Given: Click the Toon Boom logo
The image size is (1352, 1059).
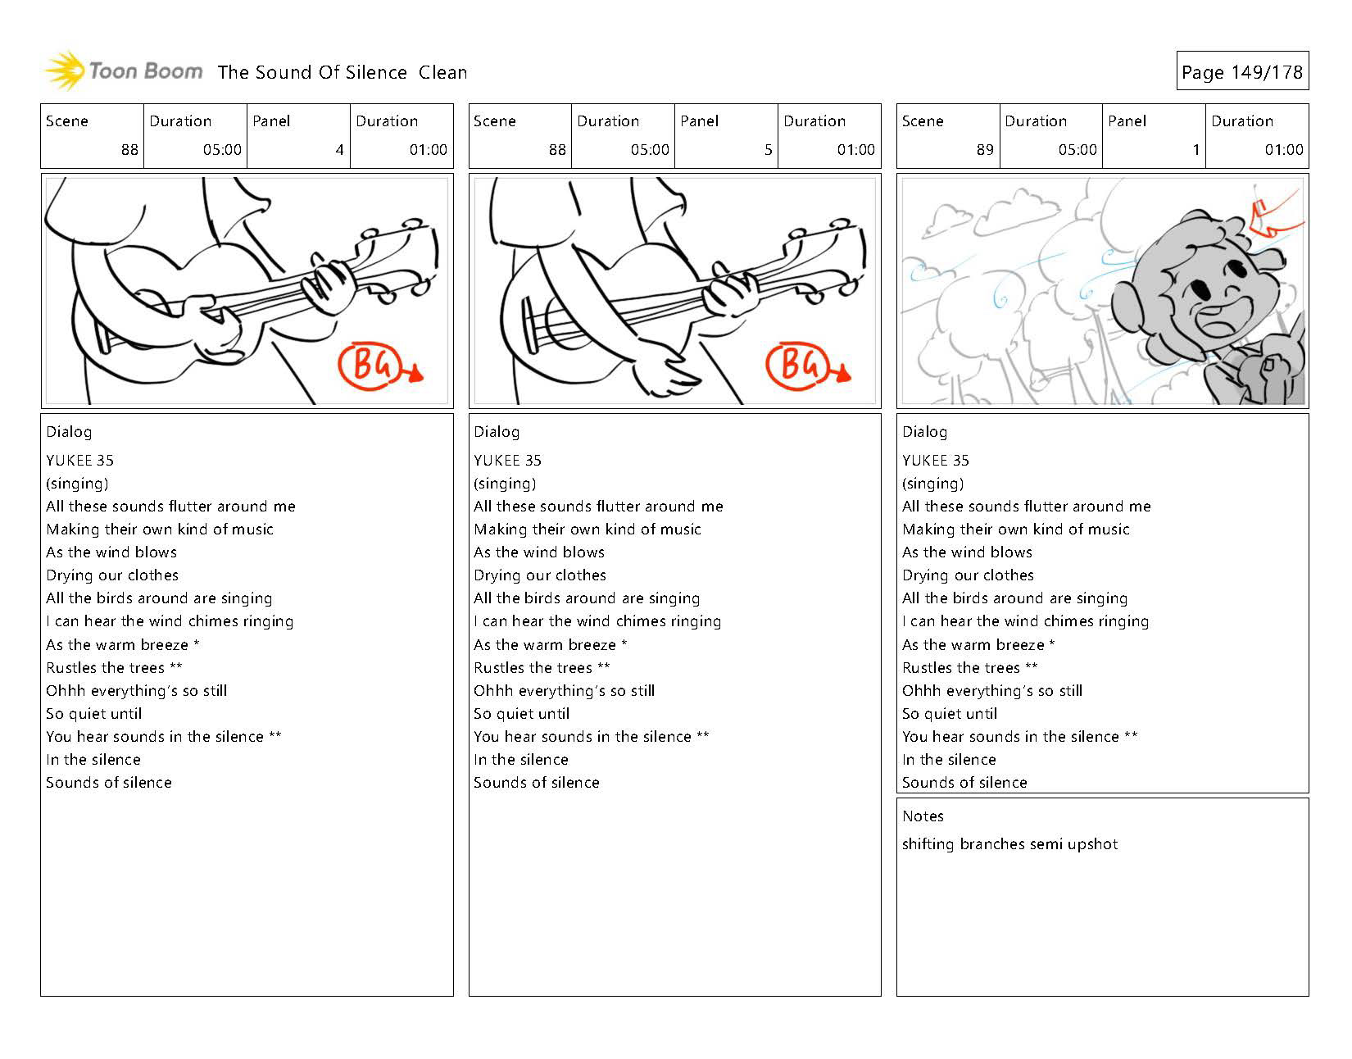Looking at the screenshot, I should pos(123,71).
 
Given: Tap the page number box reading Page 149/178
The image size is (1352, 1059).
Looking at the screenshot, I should pos(1241,72).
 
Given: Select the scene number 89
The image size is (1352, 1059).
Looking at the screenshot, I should pos(984,150).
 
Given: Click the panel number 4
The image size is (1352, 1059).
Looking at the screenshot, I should pos(339,150).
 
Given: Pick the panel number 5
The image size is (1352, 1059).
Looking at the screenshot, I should pos(768,150).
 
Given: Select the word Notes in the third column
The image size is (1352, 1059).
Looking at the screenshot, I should pos(923,816).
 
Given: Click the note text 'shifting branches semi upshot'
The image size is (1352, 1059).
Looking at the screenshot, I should pos(1009,844).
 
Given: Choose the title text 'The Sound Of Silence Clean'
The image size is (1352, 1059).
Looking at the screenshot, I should pos(343,72).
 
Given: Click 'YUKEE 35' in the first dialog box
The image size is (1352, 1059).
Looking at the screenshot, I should pos(79,461).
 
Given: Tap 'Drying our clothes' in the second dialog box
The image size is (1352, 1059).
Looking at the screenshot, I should pos(540,575).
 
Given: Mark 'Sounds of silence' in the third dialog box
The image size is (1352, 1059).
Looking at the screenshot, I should pos(964,783).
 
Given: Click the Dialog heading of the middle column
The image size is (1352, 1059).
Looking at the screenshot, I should pos(497,432).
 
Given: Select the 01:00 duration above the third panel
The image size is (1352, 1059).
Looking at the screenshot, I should pos(1283,150).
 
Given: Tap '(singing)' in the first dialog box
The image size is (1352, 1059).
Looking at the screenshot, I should pos(77,484).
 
